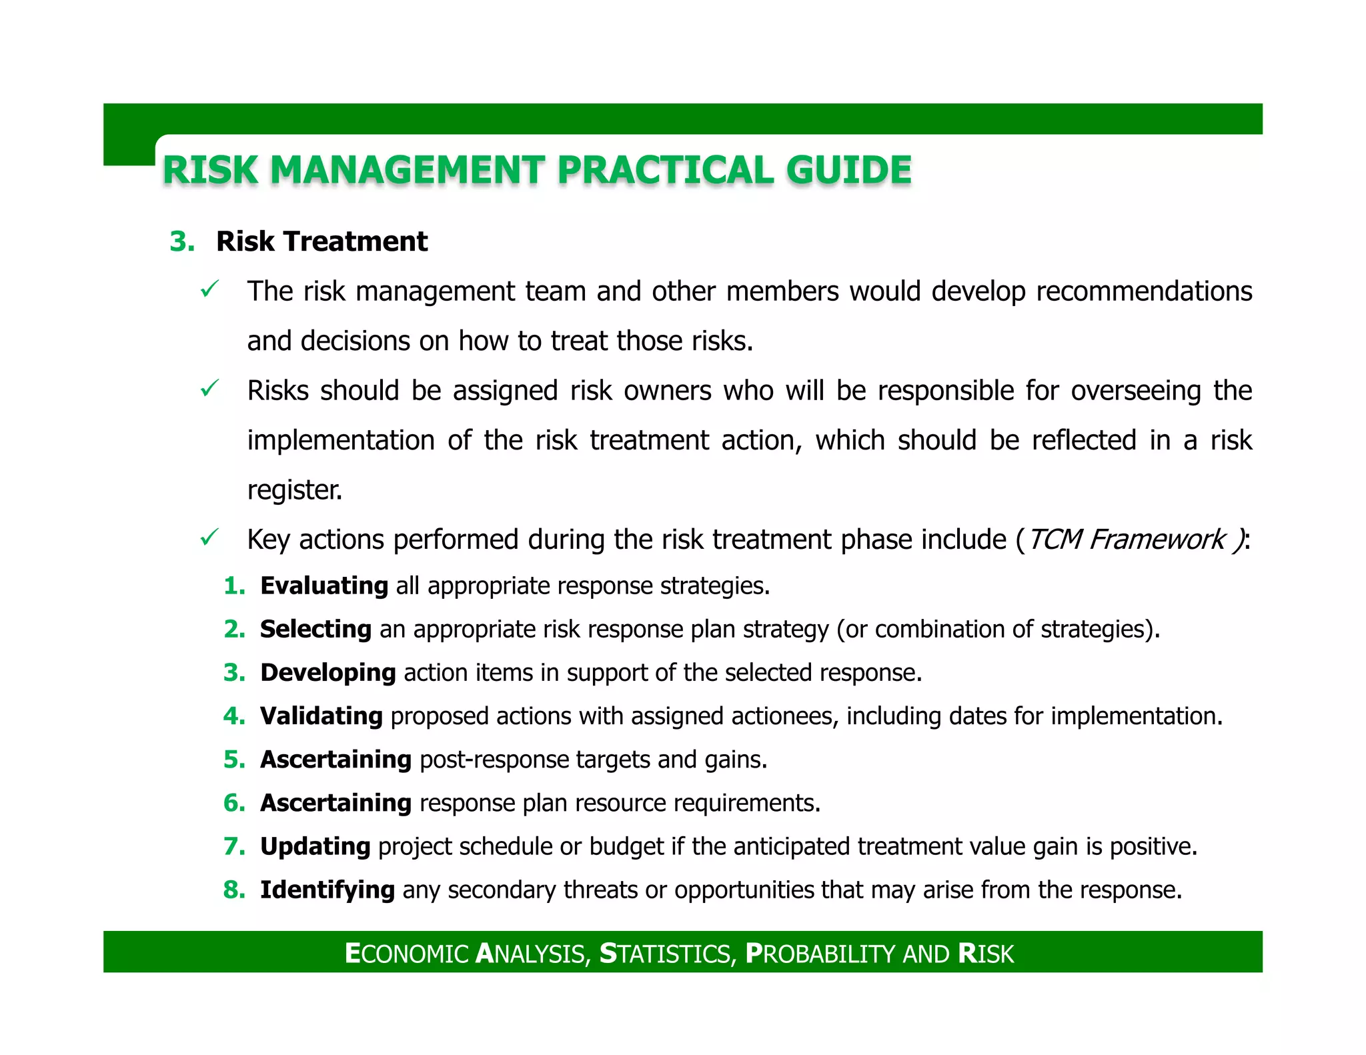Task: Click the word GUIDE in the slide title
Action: tap(848, 170)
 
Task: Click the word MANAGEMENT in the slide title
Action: tap(408, 170)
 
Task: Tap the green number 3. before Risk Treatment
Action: tap(182, 241)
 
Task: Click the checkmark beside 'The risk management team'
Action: tap(209, 289)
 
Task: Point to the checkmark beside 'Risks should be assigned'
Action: tap(209, 389)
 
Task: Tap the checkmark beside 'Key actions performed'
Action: tap(209, 538)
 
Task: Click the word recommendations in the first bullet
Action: tap(1144, 291)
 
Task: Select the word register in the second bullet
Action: tap(294, 490)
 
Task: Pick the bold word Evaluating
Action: tap(324, 586)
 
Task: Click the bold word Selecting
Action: tap(315, 629)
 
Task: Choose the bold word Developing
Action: tap(328, 672)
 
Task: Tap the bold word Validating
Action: tap(321, 716)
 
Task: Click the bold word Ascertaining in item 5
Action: tap(335, 759)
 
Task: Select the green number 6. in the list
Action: tap(234, 803)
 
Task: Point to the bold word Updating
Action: tap(315, 846)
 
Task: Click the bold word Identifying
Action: tap(327, 890)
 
